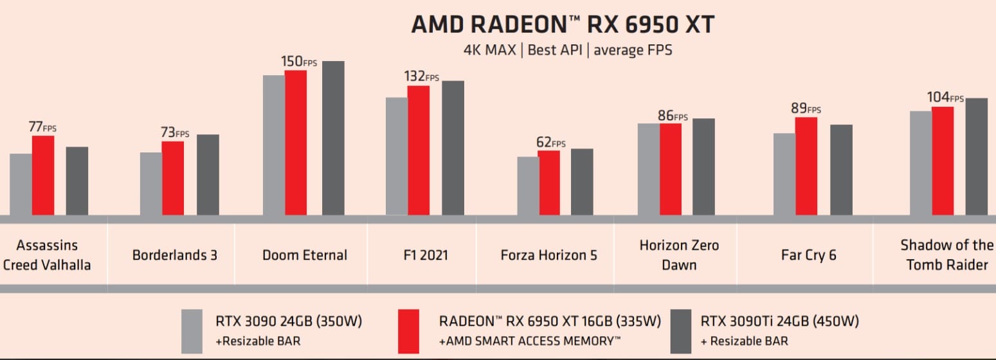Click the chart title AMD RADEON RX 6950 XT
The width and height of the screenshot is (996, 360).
point(563,24)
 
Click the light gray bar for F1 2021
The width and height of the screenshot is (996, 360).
point(397,156)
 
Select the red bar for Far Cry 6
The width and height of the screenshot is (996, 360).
point(806,166)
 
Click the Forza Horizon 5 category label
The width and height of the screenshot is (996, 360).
point(548,255)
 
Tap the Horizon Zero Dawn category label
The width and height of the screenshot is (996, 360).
point(679,255)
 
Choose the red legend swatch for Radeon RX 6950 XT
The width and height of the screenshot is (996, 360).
point(408,331)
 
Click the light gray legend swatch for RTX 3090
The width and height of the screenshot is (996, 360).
point(192,331)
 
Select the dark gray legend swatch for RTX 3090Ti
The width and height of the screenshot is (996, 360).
point(681,331)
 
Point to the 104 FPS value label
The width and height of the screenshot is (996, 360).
point(945,98)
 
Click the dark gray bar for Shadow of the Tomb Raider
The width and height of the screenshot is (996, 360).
point(976,157)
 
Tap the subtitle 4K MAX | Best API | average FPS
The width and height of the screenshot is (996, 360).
point(568,50)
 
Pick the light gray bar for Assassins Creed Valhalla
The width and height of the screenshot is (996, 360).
point(21,184)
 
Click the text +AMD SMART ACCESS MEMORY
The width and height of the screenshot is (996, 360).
point(530,341)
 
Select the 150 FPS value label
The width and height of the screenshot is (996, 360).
point(299,62)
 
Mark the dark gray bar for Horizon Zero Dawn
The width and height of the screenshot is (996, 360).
point(703,167)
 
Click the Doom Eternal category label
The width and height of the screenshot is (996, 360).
point(305,255)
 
